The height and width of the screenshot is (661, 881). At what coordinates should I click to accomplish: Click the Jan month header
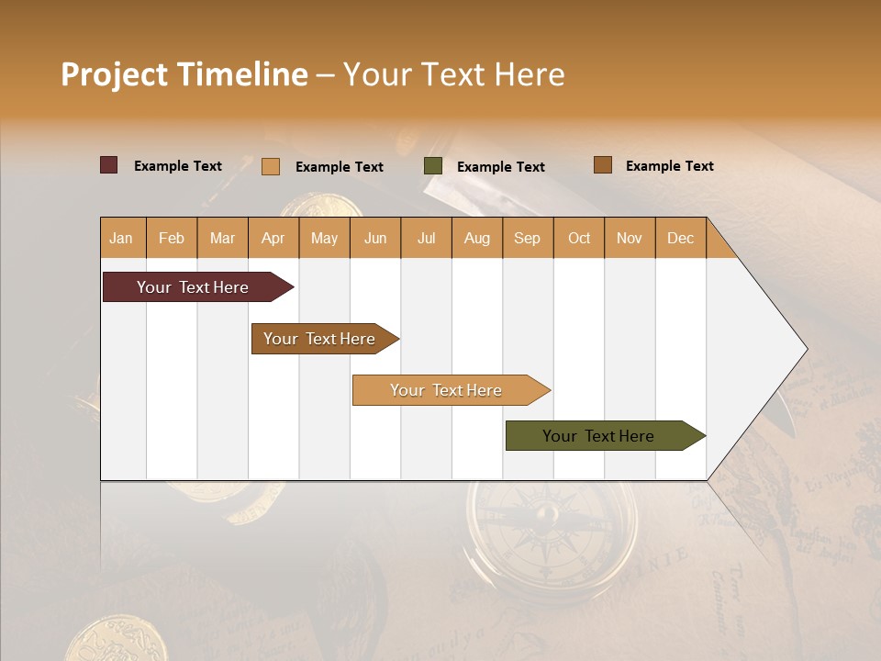[x=121, y=238]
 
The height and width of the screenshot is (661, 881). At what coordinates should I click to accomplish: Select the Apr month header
[x=273, y=238]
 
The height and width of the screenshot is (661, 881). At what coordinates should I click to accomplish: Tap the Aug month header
[x=476, y=238]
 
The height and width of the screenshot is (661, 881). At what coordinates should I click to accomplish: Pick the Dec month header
[x=680, y=238]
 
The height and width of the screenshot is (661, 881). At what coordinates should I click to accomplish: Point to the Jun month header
[x=374, y=238]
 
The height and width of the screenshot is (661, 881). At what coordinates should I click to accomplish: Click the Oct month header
[x=578, y=238]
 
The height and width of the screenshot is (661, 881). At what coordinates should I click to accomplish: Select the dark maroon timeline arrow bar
[x=193, y=287]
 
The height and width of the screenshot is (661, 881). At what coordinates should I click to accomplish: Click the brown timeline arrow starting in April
[x=319, y=339]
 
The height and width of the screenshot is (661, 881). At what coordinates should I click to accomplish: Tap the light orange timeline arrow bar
[x=446, y=390]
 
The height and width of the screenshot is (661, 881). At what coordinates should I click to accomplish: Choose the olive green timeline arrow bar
[x=598, y=436]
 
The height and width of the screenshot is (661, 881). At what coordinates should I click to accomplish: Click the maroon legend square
[x=108, y=165]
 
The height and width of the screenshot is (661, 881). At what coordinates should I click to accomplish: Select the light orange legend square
[x=270, y=166]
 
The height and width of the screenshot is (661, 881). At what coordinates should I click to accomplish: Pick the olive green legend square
[x=432, y=166]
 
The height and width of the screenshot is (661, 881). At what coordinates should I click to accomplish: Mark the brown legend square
[x=602, y=165]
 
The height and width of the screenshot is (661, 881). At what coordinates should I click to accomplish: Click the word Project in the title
[x=114, y=75]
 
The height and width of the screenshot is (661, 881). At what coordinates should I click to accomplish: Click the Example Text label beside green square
[x=500, y=166]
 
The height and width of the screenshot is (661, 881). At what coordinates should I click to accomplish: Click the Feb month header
[x=171, y=238]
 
